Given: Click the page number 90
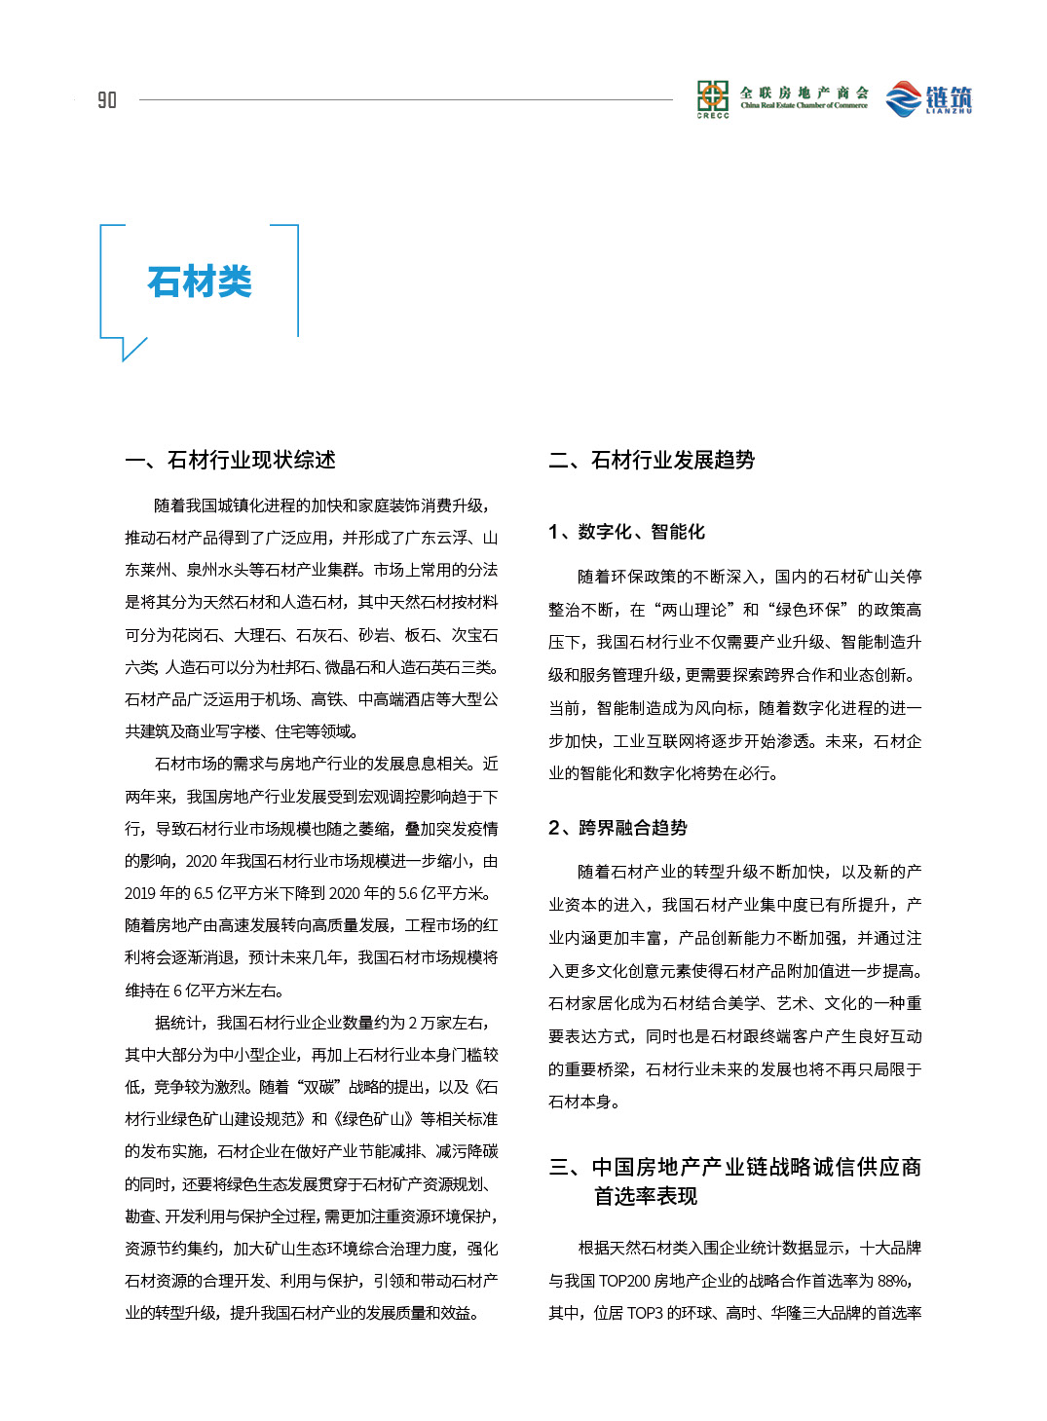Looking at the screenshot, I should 107,99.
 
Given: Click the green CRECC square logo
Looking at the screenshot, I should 712,95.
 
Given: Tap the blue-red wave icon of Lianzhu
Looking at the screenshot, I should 903,98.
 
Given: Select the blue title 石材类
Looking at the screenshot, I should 200,281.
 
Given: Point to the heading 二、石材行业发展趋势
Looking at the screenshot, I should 652,460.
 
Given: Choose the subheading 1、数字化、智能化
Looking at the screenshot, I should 626,532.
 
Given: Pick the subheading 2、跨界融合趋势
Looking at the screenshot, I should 617,828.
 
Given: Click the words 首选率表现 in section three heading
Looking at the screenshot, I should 646,1196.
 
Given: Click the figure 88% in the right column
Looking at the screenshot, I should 894,1281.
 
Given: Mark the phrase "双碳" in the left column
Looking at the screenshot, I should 313,1087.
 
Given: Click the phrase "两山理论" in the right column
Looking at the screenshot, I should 695,610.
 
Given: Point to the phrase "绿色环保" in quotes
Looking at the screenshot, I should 807,610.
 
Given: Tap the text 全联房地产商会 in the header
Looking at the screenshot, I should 804,93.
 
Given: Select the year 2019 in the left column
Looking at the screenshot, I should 141,893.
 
